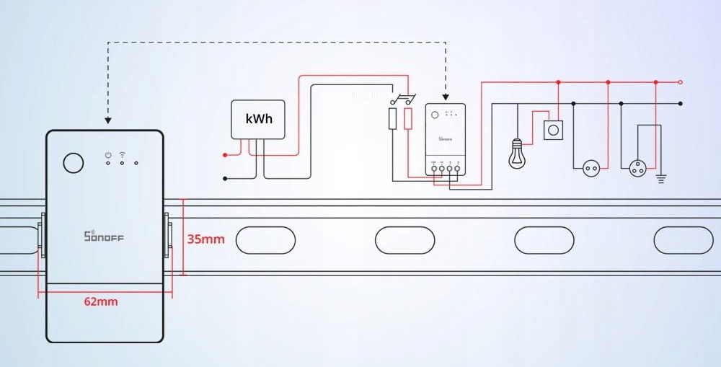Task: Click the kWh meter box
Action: click(x=259, y=119)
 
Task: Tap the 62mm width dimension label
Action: click(x=101, y=301)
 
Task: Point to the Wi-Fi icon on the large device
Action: click(x=122, y=154)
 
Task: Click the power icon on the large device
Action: click(x=107, y=154)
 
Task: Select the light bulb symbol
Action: click(x=516, y=154)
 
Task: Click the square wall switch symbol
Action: click(x=553, y=130)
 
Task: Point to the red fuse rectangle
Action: click(x=408, y=119)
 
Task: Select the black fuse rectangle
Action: click(x=392, y=119)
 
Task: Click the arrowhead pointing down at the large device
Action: click(x=107, y=120)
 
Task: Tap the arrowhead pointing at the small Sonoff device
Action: click(x=446, y=97)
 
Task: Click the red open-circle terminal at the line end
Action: click(x=680, y=82)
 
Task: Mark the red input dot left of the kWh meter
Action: click(x=225, y=154)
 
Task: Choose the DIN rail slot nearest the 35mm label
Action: click(x=266, y=239)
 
